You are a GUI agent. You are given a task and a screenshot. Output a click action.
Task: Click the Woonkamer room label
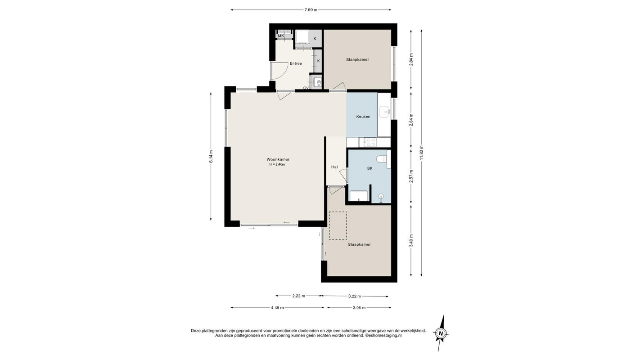click(278, 159)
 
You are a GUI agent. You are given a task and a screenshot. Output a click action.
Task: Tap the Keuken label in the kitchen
click(363, 117)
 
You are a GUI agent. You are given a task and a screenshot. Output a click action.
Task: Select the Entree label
click(296, 63)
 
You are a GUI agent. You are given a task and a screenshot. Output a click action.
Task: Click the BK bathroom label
click(370, 168)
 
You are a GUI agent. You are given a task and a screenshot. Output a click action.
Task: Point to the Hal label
click(334, 167)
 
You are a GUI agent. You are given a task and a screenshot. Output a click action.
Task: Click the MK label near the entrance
click(281, 36)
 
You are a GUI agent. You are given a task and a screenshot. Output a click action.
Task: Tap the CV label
click(306, 88)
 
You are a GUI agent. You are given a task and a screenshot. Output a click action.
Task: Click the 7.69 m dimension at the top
click(311, 10)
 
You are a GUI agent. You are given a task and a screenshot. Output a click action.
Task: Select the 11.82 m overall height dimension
click(422, 153)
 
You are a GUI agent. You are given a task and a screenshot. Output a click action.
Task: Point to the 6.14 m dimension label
click(211, 157)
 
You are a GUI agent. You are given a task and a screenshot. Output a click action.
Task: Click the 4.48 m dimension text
click(277, 308)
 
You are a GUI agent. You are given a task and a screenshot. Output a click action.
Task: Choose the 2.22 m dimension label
click(298, 296)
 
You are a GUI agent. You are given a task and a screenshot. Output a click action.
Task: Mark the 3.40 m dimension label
click(411, 241)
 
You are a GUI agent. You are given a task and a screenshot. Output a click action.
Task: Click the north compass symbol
click(441, 333)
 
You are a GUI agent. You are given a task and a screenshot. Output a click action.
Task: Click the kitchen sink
click(384, 112)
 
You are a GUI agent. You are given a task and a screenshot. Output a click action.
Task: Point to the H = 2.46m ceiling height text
click(277, 165)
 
